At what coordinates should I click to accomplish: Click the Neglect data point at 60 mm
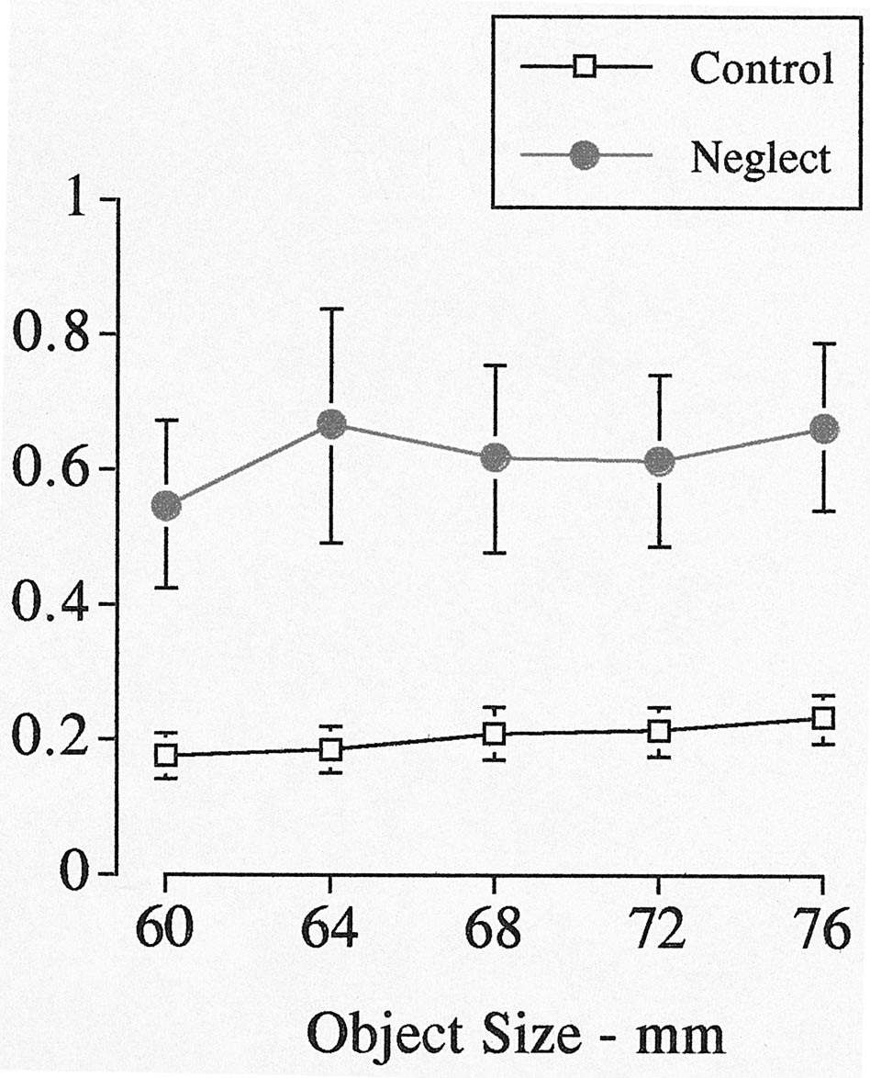[x=166, y=505]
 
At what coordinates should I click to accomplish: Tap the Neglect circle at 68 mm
[x=495, y=457]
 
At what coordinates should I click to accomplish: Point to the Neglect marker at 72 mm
[x=659, y=461]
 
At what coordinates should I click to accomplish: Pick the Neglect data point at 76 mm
[x=823, y=429]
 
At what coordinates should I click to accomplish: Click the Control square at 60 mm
[x=166, y=755]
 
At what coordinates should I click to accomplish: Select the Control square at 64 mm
[x=330, y=749]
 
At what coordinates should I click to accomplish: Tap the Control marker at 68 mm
[x=495, y=734]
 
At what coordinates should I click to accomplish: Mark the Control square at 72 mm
[x=659, y=732]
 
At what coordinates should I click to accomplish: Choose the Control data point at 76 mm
[x=823, y=717]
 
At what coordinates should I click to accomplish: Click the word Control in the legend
[x=762, y=68]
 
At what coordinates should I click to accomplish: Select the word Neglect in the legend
[x=761, y=158]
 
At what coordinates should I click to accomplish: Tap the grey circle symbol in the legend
[x=586, y=157]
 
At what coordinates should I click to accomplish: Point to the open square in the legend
[x=586, y=68]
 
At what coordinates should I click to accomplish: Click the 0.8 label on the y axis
[x=51, y=334]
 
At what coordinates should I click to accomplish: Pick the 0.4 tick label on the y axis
[x=51, y=604]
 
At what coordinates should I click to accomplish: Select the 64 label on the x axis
[x=329, y=932]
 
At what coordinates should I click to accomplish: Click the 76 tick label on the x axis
[x=822, y=932]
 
